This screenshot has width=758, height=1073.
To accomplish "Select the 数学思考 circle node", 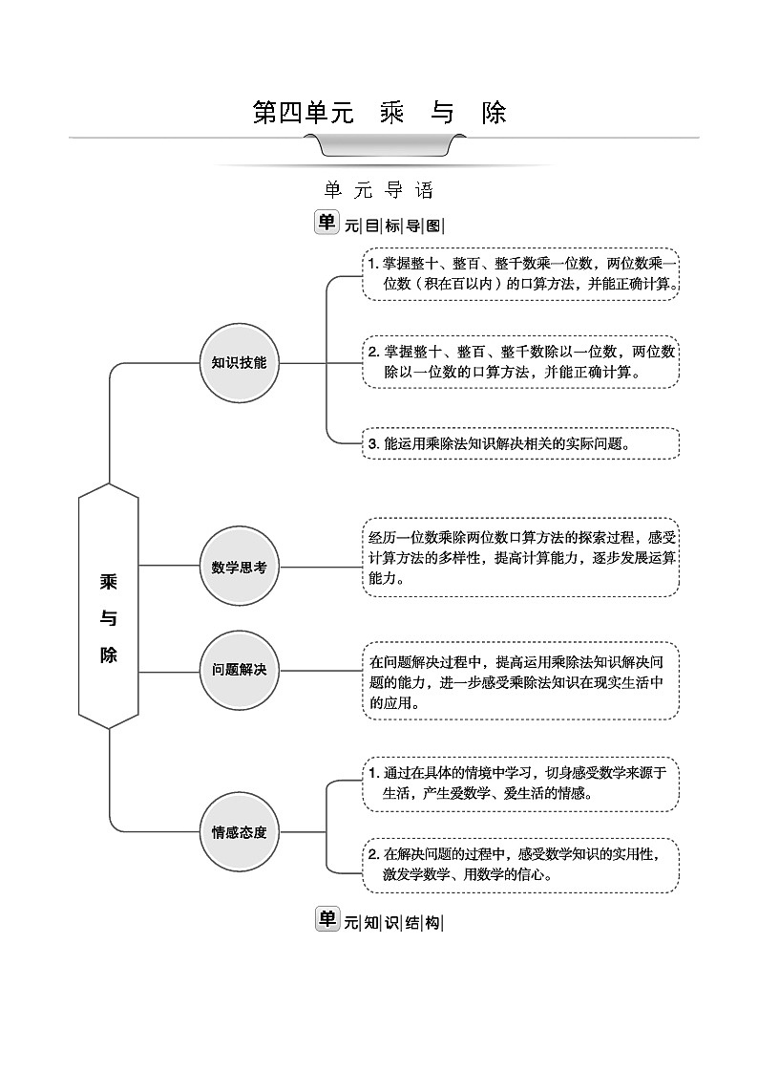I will pos(239,567).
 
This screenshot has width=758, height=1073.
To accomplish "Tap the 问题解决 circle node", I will pos(239,670).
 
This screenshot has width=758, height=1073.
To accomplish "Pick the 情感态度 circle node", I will pos(239,831).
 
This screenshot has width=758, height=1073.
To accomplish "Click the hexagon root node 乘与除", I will pos(109,606).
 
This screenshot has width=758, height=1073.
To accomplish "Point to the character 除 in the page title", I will pos(494,113).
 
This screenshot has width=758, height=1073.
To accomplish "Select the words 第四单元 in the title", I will pos(303,113).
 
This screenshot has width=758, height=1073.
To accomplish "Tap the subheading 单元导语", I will pos(379,190).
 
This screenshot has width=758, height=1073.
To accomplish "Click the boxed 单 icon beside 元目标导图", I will pos(326,223).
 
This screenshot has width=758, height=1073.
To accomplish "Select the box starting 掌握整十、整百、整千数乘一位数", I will pos(520,274).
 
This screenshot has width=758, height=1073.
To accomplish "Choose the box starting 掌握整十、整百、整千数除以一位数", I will pos(520,361).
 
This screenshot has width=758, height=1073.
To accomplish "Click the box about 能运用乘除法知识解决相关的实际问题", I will pos(520,443).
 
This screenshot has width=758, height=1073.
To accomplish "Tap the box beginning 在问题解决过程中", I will pos(520,681).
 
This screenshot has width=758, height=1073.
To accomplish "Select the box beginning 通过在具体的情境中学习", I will pos(520,783).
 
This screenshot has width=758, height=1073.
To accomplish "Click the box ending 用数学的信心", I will pos(520,864).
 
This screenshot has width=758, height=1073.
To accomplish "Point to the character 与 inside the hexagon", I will pos(109,618).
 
